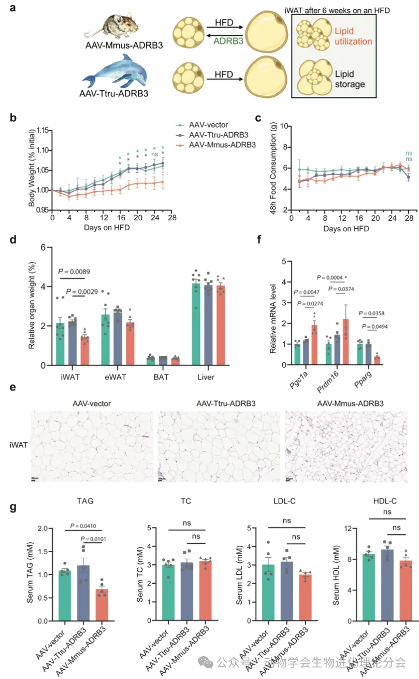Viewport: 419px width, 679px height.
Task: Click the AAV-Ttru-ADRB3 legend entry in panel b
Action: click(216, 135)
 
